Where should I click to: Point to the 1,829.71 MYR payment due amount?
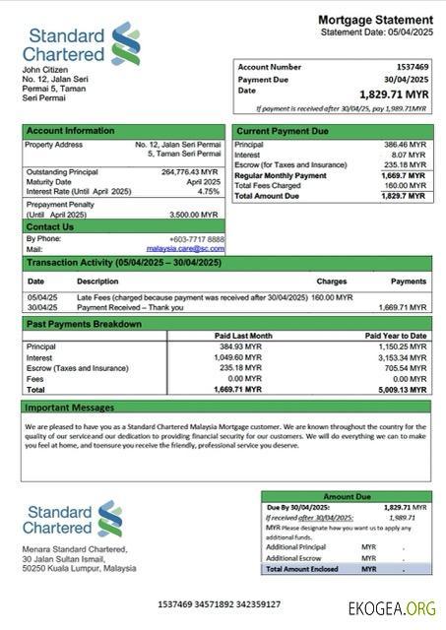pos(394,94)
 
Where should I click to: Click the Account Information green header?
pos(70,130)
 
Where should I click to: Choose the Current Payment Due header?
pos(283,130)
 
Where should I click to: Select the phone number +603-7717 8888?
pos(196,239)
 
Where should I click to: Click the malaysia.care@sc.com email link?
pos(185,249)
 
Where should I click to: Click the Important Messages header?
pos(70,407)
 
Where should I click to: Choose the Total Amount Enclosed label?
pos(304,569)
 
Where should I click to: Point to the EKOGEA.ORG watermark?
pos(391,608)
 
